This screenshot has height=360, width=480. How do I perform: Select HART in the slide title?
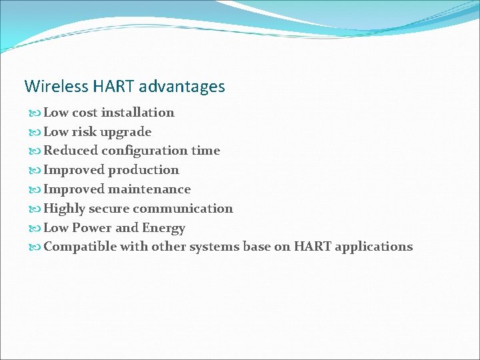coord(113,87)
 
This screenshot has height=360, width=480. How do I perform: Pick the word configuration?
coord(145,151)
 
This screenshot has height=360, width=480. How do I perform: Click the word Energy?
coord(163,228)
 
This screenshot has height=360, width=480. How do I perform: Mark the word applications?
coord(373,247)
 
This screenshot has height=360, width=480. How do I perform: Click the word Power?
coord(92,228)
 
